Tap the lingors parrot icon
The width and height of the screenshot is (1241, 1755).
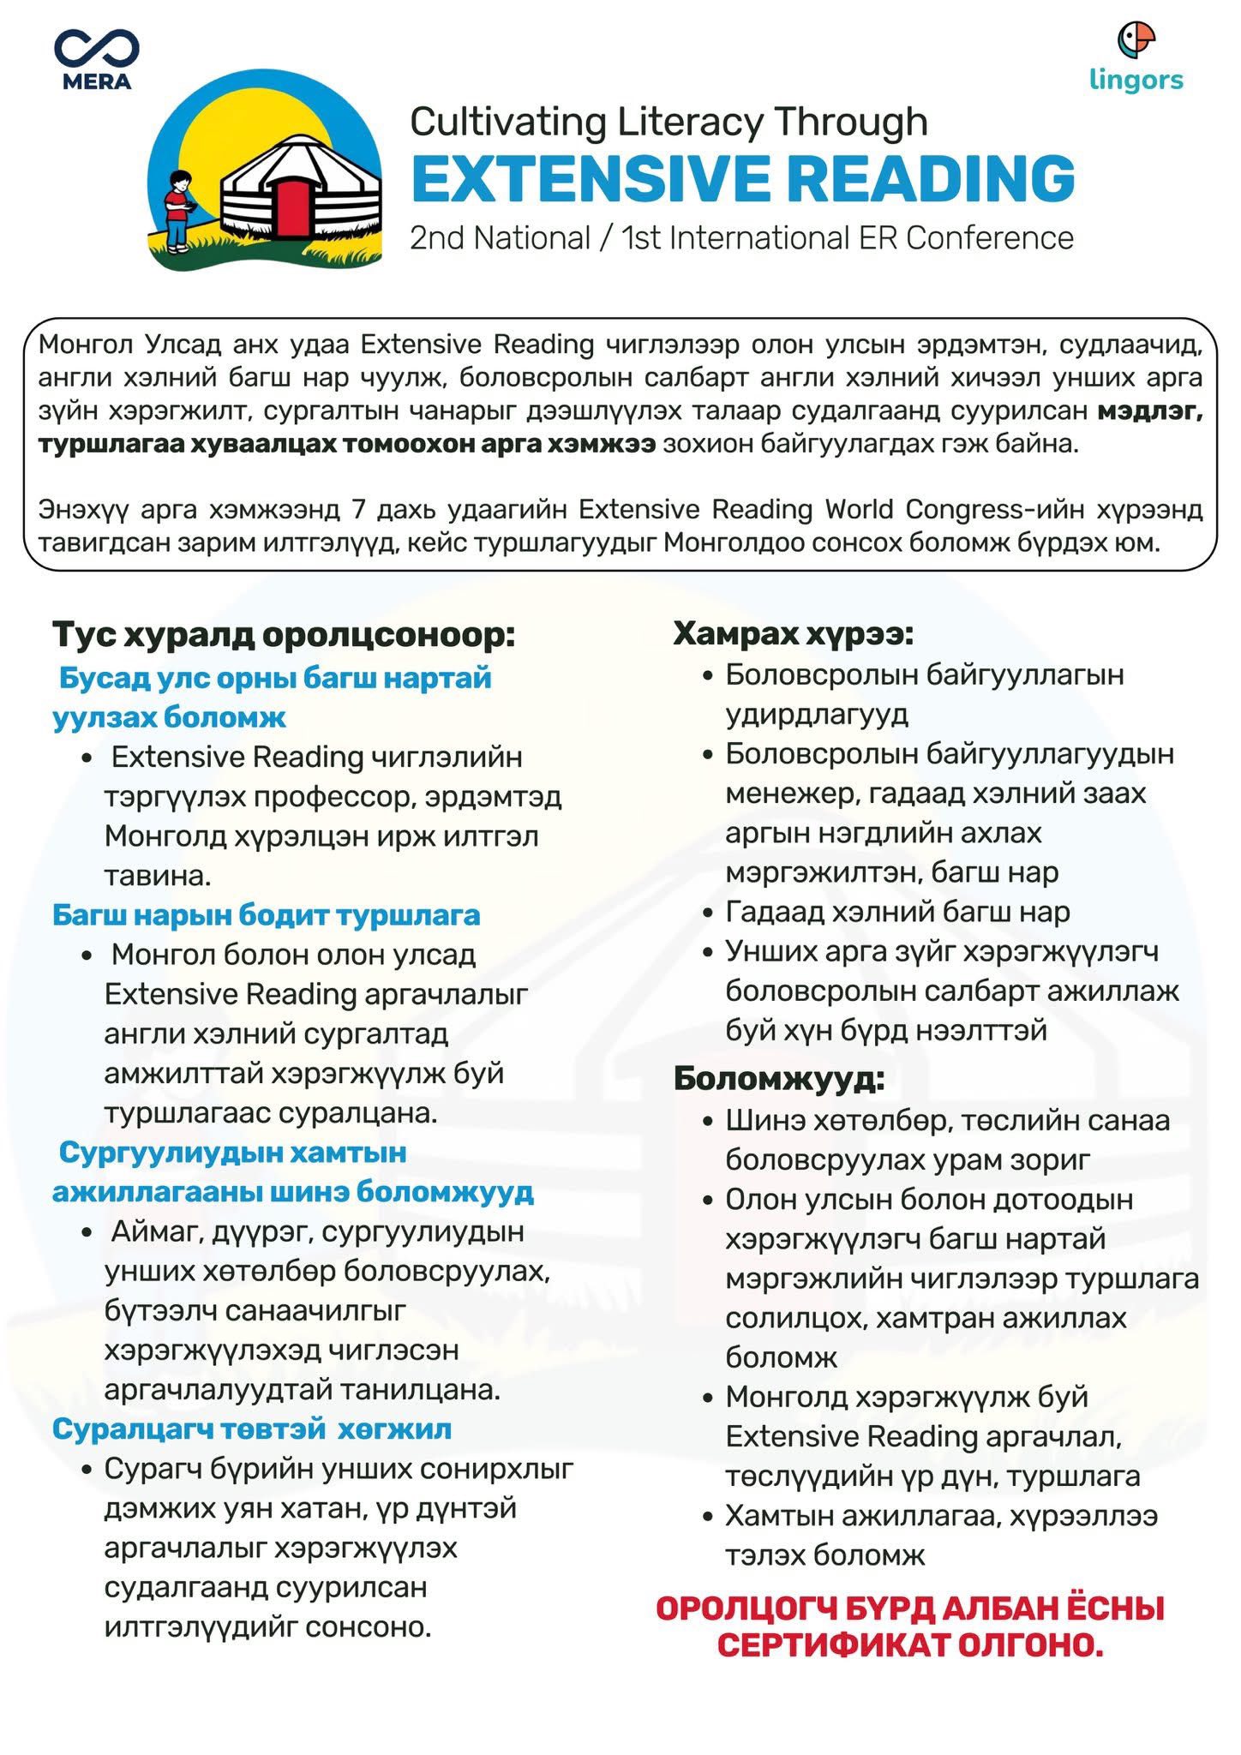pyautogui.click(x=1136, y=39)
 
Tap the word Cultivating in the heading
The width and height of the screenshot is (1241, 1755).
pyautogui.click(x=505, y=122)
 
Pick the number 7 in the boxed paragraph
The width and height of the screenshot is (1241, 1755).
pyautogui.click(x=359, y=510)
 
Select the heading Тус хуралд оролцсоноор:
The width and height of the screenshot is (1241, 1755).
pyautogui.click(x=285, y=635)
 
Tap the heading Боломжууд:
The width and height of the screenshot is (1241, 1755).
pyautogui.click(x=778, y=1078)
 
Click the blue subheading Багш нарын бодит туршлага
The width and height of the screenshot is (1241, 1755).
pyautogui.click(x=266, y=915)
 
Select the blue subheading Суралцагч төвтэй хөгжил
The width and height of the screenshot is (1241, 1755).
pyautogui.click(x=252, y=1429)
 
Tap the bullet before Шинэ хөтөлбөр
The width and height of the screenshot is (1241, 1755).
pyautogui.click(x=707, y=1122)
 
